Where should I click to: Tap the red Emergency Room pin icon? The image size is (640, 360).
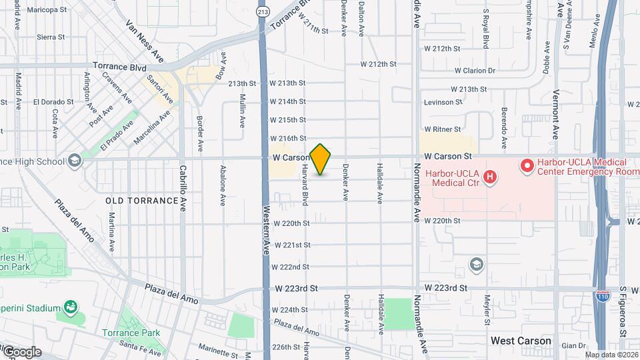[x=527, y=163]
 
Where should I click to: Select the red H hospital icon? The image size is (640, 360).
[x=490, y=177]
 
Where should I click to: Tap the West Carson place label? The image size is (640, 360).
[x=521, y=341]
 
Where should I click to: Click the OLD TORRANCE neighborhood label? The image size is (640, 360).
[x=133, y=200]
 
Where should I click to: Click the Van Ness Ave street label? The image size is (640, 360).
[x=145, y=41]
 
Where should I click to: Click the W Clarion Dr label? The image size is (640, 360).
[x=475, y=70]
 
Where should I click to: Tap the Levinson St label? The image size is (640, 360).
[x=443, y=102]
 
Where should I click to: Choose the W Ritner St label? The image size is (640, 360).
[x=443, y=129]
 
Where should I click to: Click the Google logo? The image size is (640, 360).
[x=21, y=351]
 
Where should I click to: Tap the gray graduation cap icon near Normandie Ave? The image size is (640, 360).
[x=476, y=265]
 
